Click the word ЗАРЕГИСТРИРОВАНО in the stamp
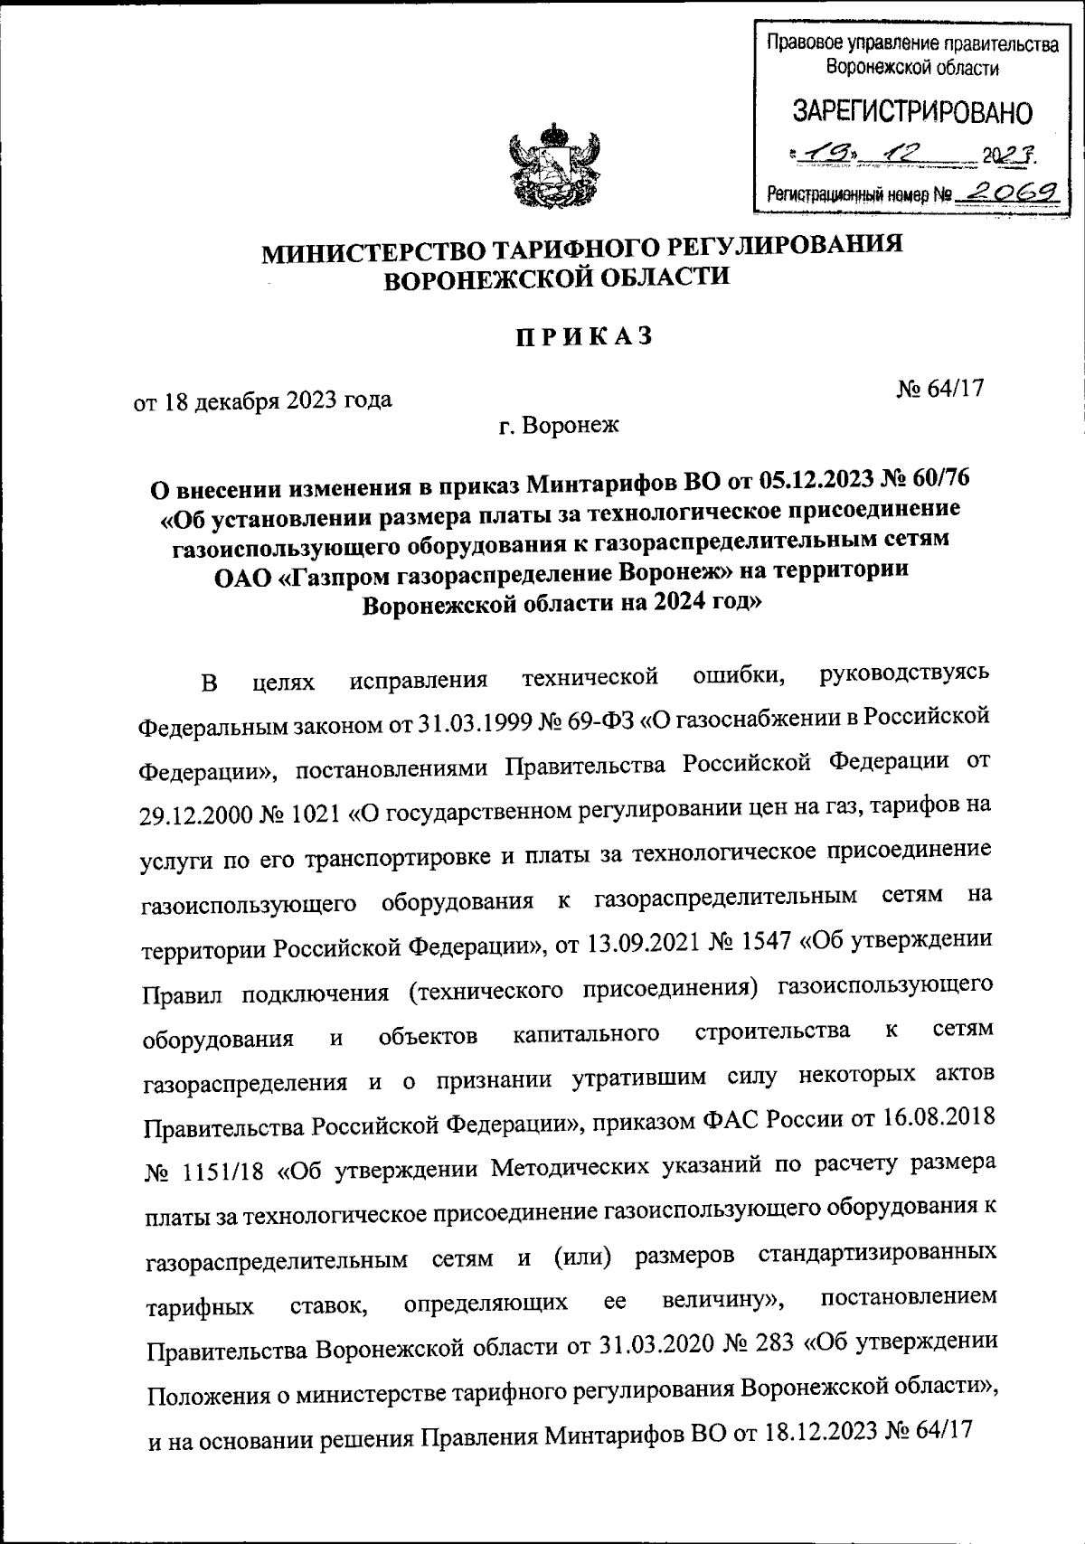point(911,112)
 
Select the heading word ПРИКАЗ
point(583,335)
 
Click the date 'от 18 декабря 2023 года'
point(263,399)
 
